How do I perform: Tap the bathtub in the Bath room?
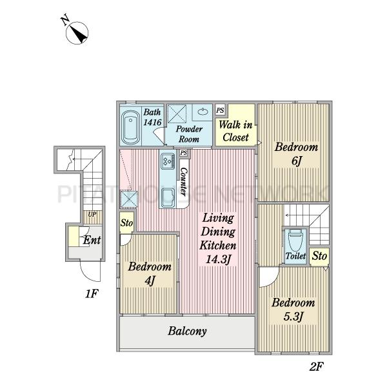(131, 128)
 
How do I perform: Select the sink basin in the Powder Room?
(203, 112)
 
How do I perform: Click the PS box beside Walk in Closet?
(220, 110)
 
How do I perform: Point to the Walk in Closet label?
(235, 131)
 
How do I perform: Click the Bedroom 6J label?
(296, 154)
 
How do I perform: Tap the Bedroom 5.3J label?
(293, 309)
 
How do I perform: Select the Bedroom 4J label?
(150, 273)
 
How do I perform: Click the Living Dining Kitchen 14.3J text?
(218, 239)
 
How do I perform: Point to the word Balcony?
(187, 332)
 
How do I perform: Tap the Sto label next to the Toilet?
(319, 256)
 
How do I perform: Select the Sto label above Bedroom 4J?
(126, 223)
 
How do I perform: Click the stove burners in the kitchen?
(167, 161)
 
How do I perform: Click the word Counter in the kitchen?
(184, 182)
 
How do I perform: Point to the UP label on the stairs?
(92, 215)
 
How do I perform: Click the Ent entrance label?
(92, 240)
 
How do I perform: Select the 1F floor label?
(92, 293)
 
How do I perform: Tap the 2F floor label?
(316, 366)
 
